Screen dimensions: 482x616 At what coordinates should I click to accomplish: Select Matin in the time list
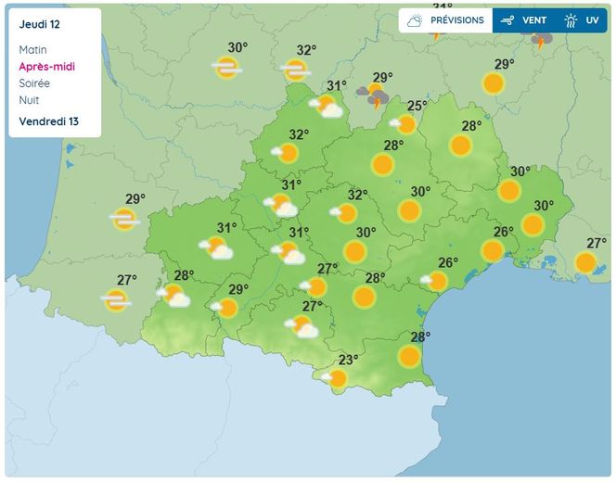(32, 50)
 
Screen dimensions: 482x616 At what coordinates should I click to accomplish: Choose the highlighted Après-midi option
(46, 67)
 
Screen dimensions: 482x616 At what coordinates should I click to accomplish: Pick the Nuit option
(28, 100)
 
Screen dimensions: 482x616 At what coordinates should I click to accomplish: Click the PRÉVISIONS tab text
(456, 20)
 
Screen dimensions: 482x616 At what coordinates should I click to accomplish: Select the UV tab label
(592, 20)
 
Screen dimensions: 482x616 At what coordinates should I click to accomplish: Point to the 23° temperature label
(348, 361)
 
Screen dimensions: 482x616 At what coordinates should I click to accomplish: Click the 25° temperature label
(417, 106)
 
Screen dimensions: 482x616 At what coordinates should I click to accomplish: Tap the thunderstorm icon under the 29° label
(373, 95)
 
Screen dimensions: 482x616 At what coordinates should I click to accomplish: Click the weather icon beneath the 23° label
(335, 378)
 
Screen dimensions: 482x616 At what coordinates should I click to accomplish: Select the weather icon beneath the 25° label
(404, 123)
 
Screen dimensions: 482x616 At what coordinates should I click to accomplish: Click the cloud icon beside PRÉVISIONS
(415, 20)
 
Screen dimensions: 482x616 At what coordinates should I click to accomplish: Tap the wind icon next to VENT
(507, 20)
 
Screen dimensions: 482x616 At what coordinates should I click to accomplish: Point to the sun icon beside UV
(571, 20)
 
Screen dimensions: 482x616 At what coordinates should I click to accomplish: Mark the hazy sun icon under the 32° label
(296, 69)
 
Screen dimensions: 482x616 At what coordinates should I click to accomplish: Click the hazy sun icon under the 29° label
(124, 219)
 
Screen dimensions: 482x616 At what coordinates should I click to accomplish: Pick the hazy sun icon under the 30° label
(226, 67)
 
